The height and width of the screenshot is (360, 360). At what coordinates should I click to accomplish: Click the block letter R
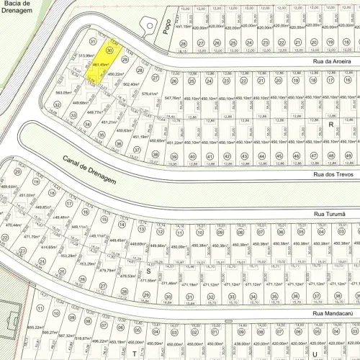(331, 125)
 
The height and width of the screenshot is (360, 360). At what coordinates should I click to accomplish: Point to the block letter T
(134, 354)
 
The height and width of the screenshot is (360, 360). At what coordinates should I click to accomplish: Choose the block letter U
(315, 354)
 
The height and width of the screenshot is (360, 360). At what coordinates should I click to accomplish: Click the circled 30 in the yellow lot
(109, 50)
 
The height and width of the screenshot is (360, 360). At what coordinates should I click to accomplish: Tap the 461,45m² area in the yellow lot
(101, 66)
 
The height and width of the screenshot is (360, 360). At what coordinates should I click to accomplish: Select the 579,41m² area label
(149, 94)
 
